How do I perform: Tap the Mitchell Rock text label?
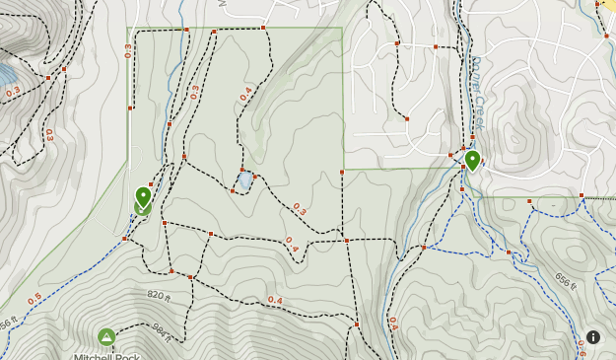tap(106, 356)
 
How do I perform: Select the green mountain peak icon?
tap(106, 337)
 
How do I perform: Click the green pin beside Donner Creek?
tap(472, 160)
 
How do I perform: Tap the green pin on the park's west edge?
tap(143, 196)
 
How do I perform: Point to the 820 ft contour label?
tap(159, 295)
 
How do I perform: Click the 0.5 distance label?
tap(34, 298)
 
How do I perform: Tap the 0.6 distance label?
tap(582, 346)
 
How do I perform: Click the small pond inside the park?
tap(245, 181)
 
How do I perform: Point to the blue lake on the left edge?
tap(5, 75)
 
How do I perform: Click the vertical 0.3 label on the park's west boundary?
tap(129, 50)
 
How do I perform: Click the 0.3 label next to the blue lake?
tap(13, 92)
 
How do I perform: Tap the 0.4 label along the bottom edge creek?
tap(393, 323)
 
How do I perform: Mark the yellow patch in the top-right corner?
tap(609, 5)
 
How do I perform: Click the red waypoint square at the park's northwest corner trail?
tap(186, 31)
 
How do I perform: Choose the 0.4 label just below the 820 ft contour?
tap(275, 300)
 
